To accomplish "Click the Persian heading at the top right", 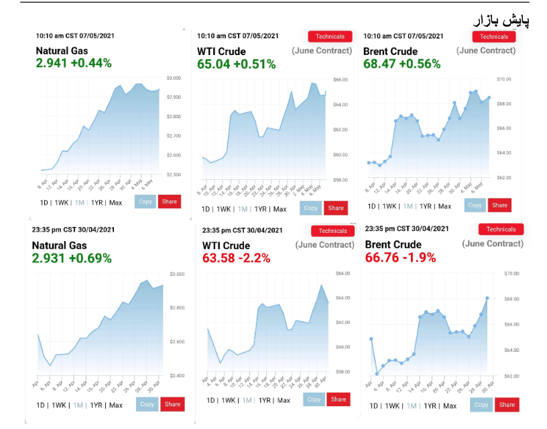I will [x=502, y=20].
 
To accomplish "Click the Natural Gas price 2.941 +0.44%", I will [x=74, y=63].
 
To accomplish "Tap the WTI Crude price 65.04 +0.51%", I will [x=236, y=64].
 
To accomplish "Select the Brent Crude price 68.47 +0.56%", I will [x=402, y=64].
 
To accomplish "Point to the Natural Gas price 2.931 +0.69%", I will [x=72, y=258].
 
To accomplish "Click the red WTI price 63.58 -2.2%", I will [x=236, y=258].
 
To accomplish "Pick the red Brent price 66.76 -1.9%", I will [x=400, y=257].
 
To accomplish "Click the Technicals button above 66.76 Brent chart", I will [x=501, y=230].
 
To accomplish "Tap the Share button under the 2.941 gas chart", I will [x=169, y=201].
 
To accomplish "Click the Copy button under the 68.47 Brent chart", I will [x=475, y=205].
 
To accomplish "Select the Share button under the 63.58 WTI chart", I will [x=339, y=399].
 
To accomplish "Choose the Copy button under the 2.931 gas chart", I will [x=147, y=404].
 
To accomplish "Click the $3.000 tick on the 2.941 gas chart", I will [x=173, y=78].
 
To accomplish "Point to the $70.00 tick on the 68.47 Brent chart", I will [x=504, y=79].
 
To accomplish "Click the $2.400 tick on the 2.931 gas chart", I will [x=176, y=375].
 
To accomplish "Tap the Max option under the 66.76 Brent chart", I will [x=449, y=406].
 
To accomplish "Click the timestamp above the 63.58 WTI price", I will [x=242, y=230].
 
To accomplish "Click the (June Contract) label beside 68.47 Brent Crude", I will [x=486, y=50].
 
